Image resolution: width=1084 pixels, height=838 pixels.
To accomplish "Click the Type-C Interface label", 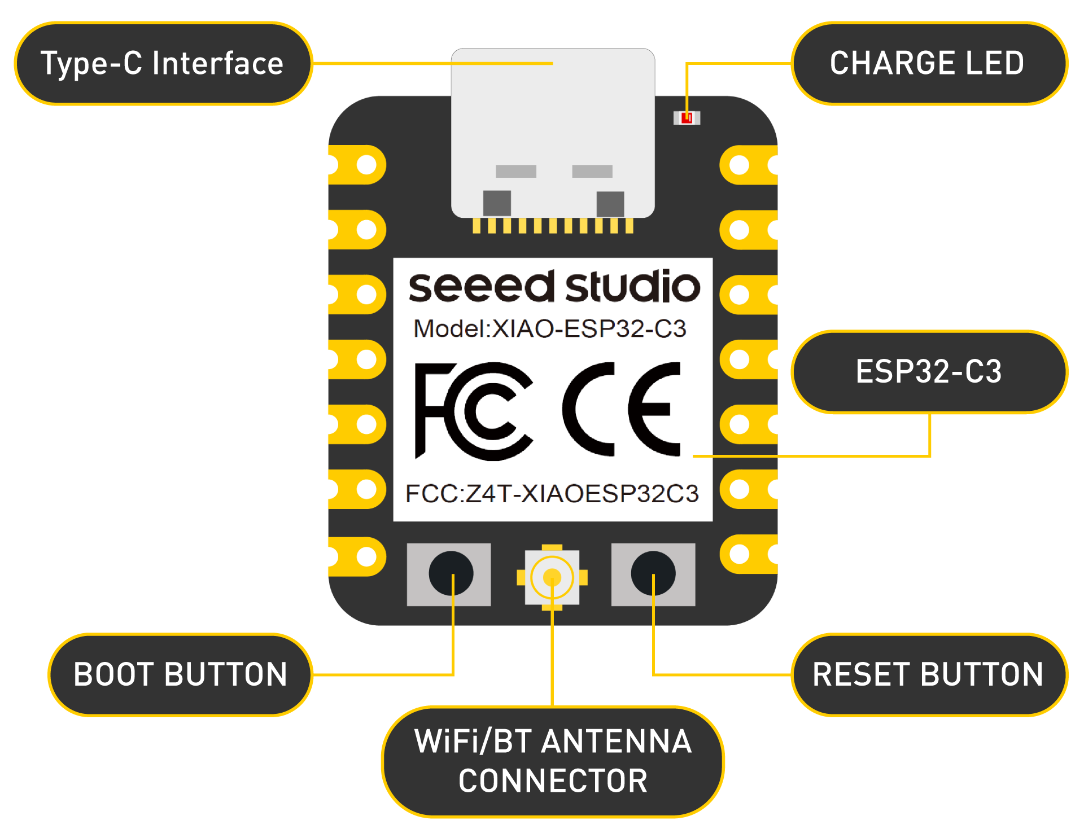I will tap(163, 63).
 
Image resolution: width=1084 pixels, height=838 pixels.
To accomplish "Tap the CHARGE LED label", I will tap(928, 63).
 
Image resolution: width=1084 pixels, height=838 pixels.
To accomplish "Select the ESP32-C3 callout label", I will tap(929, 372).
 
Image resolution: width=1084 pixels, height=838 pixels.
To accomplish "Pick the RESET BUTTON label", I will tap(928, 674).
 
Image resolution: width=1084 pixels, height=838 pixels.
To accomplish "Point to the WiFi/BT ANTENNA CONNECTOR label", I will tap(553, 761).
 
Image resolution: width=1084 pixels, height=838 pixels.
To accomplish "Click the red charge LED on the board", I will tap(687, 117).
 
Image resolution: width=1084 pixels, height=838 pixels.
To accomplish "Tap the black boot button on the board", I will tap(451, 573).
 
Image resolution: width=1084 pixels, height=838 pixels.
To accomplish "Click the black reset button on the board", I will tap(653, 573).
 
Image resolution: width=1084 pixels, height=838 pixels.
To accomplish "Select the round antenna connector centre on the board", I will tap(552, 577).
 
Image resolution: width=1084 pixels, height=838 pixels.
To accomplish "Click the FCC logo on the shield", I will tap(473, 411).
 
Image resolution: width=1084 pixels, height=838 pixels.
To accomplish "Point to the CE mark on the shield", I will tap(621, 409).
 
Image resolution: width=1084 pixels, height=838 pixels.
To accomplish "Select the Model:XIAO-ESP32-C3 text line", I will tap(550, 328).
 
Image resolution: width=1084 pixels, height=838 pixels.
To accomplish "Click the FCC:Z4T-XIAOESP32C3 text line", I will tap(552, 493).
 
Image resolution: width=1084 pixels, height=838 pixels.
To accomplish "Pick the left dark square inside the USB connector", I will tap(497, 203).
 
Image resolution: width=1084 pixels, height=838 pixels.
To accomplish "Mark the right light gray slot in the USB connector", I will tap(592, 171).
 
